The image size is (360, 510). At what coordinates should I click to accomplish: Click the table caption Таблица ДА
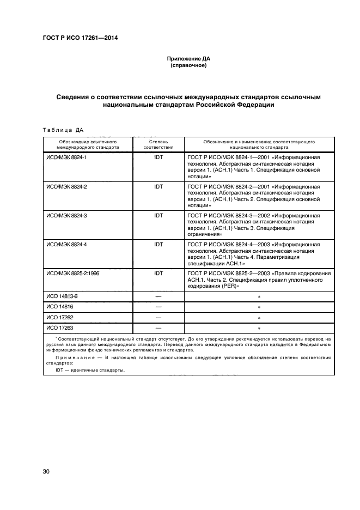pos(63,130)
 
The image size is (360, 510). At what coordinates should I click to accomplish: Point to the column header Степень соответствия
pos(158,144)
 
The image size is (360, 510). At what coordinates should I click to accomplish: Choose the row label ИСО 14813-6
pos(62,297)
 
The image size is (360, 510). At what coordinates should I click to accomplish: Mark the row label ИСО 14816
pos(59,307)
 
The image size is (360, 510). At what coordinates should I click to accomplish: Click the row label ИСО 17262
pos(59,317)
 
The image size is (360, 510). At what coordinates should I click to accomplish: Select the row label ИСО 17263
pos(59,328)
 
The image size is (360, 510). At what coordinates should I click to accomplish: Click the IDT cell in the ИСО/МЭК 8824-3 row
pos(158,216)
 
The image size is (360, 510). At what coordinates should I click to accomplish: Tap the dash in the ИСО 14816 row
pos(158,307)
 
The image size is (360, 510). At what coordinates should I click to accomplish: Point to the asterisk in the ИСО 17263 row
pos(259,329)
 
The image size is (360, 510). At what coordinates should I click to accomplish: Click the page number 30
pos(46,471)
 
